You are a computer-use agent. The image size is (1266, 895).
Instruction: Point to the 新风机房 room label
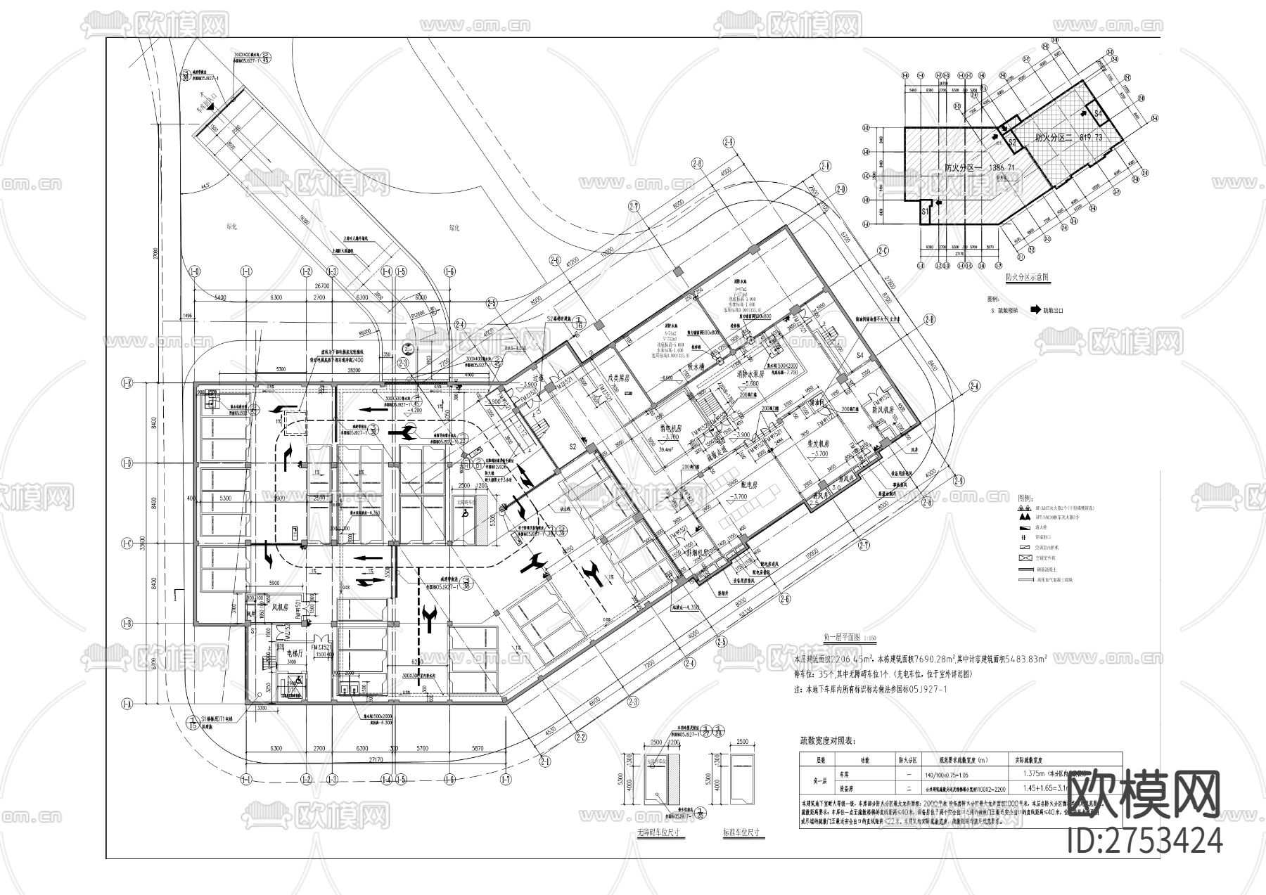881,408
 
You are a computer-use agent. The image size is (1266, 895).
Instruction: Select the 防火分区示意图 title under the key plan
1027,277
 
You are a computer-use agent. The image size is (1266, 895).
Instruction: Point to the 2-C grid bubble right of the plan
882,251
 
